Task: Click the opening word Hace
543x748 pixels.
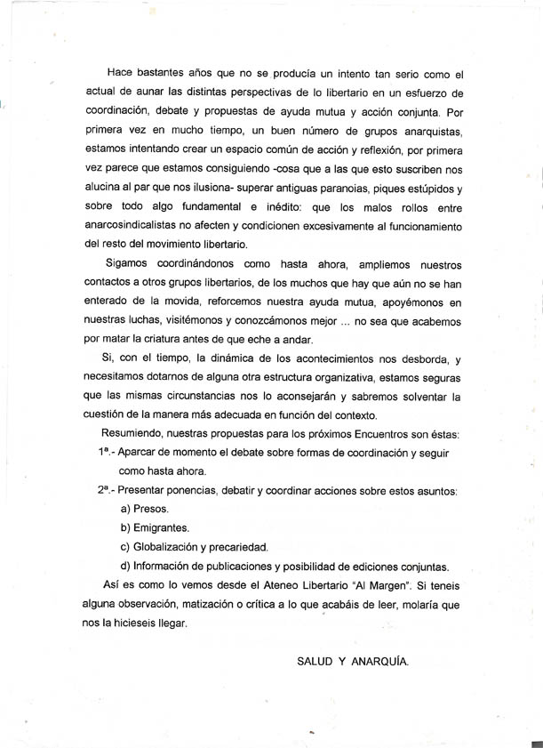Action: coord(121,72)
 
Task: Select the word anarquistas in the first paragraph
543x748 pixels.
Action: coord(423,133)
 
